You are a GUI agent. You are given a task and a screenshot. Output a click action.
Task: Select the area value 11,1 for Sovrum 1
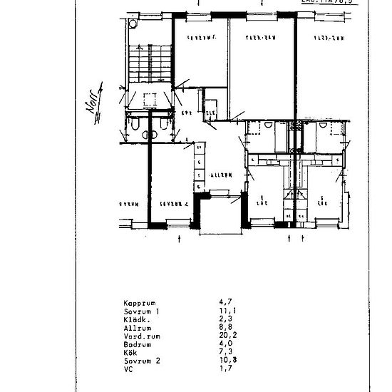tap(224, 311)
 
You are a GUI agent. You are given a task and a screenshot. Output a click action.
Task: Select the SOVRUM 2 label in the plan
tap(174, 202)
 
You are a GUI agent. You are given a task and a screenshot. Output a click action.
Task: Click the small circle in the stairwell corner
tap(132, 24)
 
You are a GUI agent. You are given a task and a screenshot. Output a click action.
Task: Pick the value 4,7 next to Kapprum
tap(223, 303)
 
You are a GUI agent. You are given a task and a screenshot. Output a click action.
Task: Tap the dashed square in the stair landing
tap(150, 100)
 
